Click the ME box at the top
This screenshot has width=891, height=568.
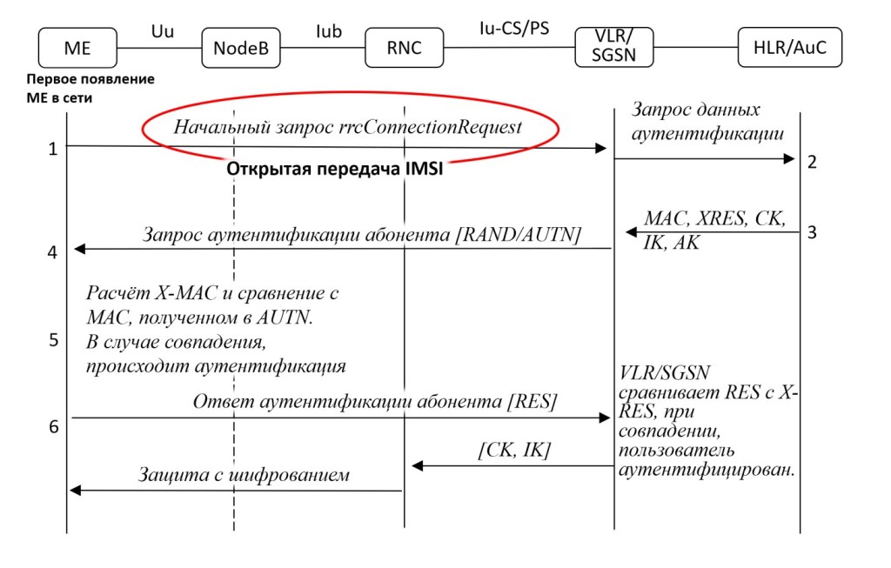[77, 48]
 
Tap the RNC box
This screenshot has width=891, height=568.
[404, 48]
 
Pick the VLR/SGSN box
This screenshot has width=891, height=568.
[613, 47]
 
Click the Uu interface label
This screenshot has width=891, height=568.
[161, 31]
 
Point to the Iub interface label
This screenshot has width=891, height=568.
[328, 31]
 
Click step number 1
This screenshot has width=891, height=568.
[53, 149]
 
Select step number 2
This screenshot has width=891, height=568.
[812, 162]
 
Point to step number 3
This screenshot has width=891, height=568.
[812, 232]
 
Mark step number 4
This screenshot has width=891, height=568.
[53, 253]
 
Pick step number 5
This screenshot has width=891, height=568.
[53, 339]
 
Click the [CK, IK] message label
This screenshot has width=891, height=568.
[513, 450]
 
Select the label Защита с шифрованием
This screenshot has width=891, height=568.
[244, 475]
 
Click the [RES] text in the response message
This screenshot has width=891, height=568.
[532, 401]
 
